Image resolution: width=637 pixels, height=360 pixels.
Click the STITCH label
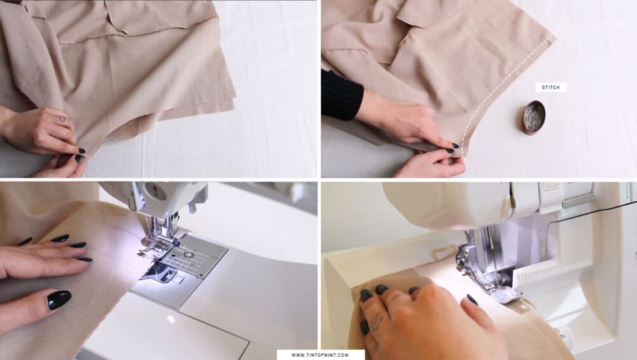point(551,87)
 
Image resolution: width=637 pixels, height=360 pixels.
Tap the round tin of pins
point(533,117)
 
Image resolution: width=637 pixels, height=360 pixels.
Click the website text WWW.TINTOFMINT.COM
point(320,355)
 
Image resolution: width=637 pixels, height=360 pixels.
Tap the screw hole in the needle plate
point(189,253)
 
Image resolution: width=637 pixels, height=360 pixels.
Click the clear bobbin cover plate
point(153,275)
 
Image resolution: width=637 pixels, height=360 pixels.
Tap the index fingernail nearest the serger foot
point(472,299)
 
